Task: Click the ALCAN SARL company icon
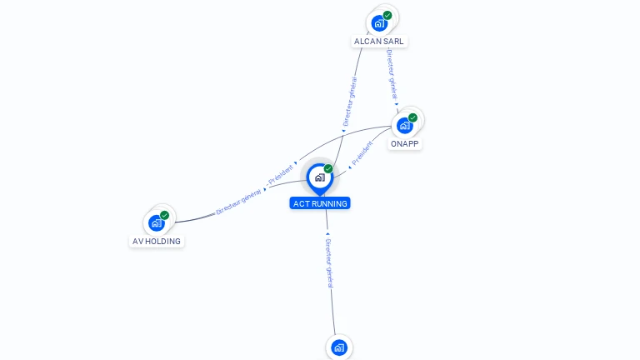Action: [380, 22]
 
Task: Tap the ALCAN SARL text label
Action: [381, 41]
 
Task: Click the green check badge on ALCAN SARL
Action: [387, 15]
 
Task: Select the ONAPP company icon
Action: [405, 125]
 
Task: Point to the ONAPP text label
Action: [405, 143]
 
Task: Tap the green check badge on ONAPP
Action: [412, 117]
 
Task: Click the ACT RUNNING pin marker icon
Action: [319, 177]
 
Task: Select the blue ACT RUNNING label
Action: [320, 203]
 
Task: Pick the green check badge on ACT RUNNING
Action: [328, 168]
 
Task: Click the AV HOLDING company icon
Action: [157, 222]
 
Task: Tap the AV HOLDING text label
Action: [157, 241]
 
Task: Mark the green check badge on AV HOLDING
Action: [164, 215]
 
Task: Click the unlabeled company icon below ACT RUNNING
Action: [338, 347]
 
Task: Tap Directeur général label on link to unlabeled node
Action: [330, 262]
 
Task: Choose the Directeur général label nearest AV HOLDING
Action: [239, 202]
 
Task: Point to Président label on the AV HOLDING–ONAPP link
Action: [281, 173]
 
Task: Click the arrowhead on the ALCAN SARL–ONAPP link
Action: [397, 103]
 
